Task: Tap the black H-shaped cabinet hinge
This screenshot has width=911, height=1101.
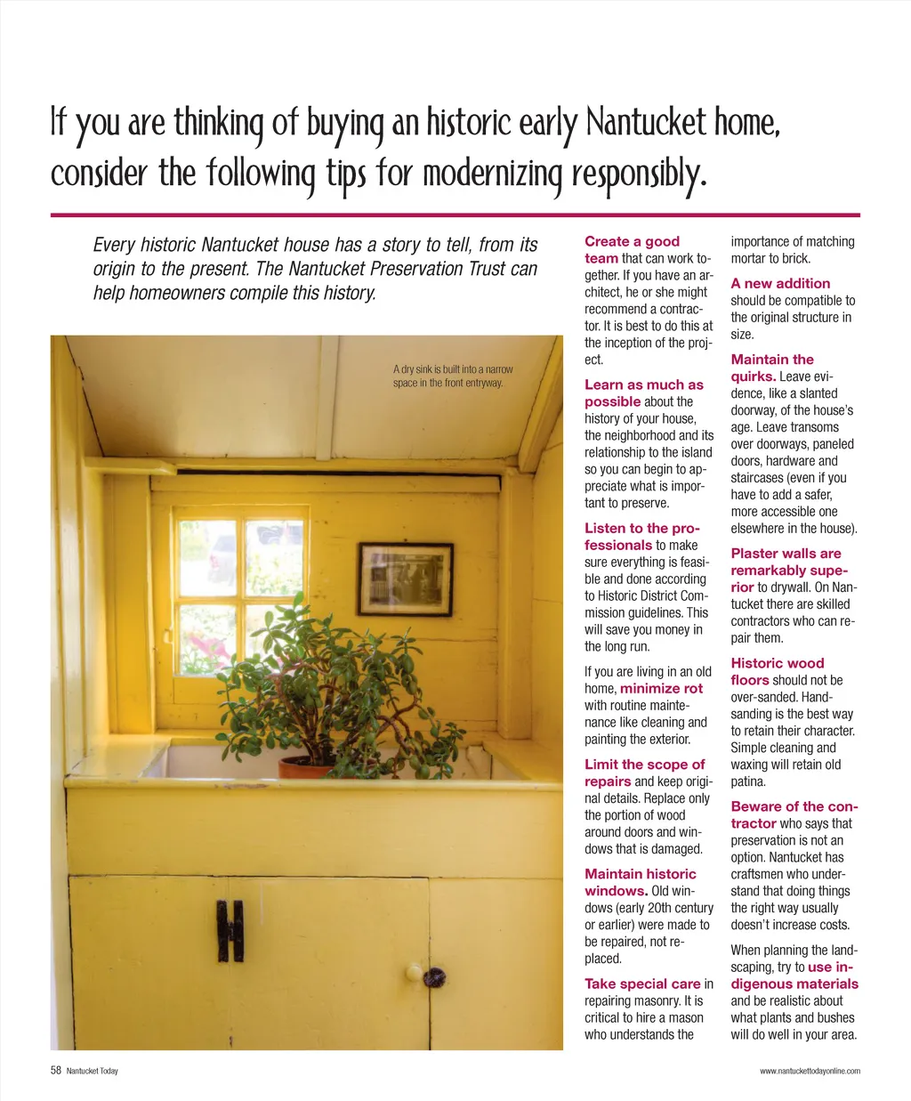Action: point(230,931)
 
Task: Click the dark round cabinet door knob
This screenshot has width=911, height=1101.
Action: point(434,977)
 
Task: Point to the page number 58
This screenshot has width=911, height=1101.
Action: point(56,1071)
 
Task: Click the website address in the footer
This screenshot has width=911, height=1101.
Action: point(809,1071)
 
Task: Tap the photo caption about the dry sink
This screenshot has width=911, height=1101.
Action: point(453,376)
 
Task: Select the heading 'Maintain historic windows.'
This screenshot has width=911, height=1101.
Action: point(640,882)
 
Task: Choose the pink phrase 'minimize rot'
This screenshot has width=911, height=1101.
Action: point(661,688)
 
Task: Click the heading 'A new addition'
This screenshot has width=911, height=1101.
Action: point(780,283)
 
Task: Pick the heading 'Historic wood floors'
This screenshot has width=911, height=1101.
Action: point(777,671)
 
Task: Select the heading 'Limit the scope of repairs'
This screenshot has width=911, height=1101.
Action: point(643,772)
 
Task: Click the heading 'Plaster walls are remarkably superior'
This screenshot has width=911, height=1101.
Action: point(788,570)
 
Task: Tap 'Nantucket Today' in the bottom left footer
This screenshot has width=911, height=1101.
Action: point(92,1071)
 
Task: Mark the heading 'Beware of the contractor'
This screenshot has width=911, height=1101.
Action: point(793,814)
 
